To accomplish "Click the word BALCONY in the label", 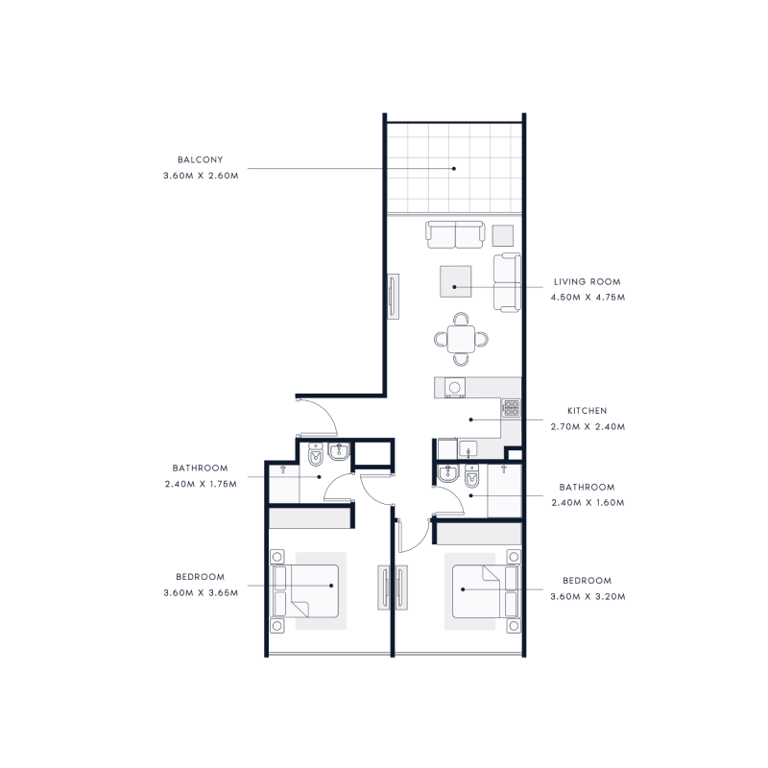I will [200, 160].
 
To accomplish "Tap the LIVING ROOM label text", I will [587, 282].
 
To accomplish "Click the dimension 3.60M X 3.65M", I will [201, 592].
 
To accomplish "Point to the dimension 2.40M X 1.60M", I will [588, 502].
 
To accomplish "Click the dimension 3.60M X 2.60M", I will [200, 176].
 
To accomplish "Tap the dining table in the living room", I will [462, 339].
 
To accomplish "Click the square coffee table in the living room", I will [455, 281].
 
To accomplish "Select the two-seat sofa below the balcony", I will [455, 233].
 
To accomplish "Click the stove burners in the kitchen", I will [511, 409].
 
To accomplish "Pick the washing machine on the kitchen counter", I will [455, 387].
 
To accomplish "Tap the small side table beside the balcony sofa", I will [503, 234].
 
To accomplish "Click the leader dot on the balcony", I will [455, 169].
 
